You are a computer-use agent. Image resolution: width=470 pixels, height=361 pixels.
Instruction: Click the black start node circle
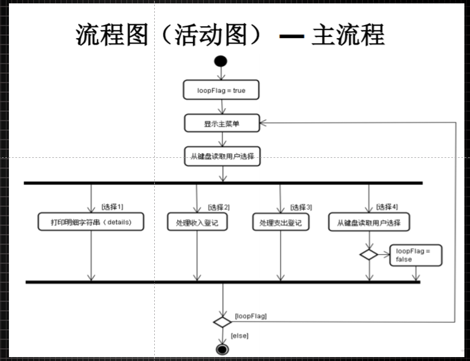point(222,61)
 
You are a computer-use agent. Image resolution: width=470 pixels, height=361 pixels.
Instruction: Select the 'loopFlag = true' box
point(221,90)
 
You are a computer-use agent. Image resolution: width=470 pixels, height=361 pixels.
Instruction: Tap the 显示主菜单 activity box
point(222,123)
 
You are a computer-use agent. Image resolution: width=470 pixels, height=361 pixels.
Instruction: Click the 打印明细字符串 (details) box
point(91,222)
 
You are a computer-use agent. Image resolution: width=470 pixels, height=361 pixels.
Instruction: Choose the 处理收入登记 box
point(197,222)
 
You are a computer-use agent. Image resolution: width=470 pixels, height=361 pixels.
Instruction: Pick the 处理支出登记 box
point(280,222)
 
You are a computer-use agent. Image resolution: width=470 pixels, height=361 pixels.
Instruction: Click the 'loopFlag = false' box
point(416,256)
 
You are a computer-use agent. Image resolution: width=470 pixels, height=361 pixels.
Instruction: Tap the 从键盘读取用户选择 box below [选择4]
point(368,222)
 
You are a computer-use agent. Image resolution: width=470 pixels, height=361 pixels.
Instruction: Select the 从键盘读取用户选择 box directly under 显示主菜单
point(222,157)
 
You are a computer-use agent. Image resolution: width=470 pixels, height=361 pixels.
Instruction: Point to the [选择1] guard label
point(112,207)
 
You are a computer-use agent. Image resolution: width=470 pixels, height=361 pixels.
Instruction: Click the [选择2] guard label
point(219,207)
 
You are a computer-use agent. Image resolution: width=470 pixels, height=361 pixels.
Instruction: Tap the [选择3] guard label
point(301,207)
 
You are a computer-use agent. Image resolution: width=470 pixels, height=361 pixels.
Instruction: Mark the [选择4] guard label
point(387,207)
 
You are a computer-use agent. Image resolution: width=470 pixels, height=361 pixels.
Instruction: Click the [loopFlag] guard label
point(250,316)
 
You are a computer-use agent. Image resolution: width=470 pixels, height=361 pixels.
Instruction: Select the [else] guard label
point(239,336)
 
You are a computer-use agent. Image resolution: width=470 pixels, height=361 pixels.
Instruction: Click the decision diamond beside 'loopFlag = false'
point(368,255)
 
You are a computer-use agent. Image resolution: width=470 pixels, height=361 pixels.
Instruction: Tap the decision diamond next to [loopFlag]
point(222,322)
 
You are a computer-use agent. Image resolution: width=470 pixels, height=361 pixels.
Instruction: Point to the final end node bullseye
point(222,350)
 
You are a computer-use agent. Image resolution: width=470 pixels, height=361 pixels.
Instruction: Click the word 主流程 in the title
point(348,35)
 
